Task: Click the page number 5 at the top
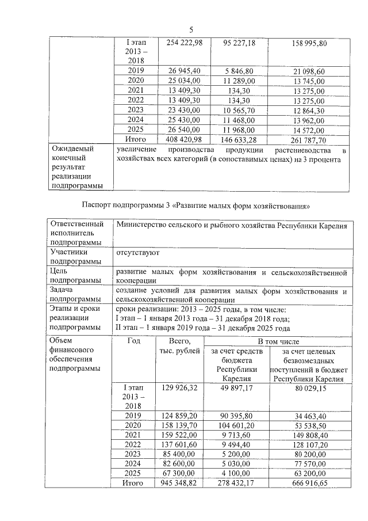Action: tap(191, 29)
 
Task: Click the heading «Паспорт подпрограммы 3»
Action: tap(196, 205)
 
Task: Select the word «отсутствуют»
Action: tap(137, 252)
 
